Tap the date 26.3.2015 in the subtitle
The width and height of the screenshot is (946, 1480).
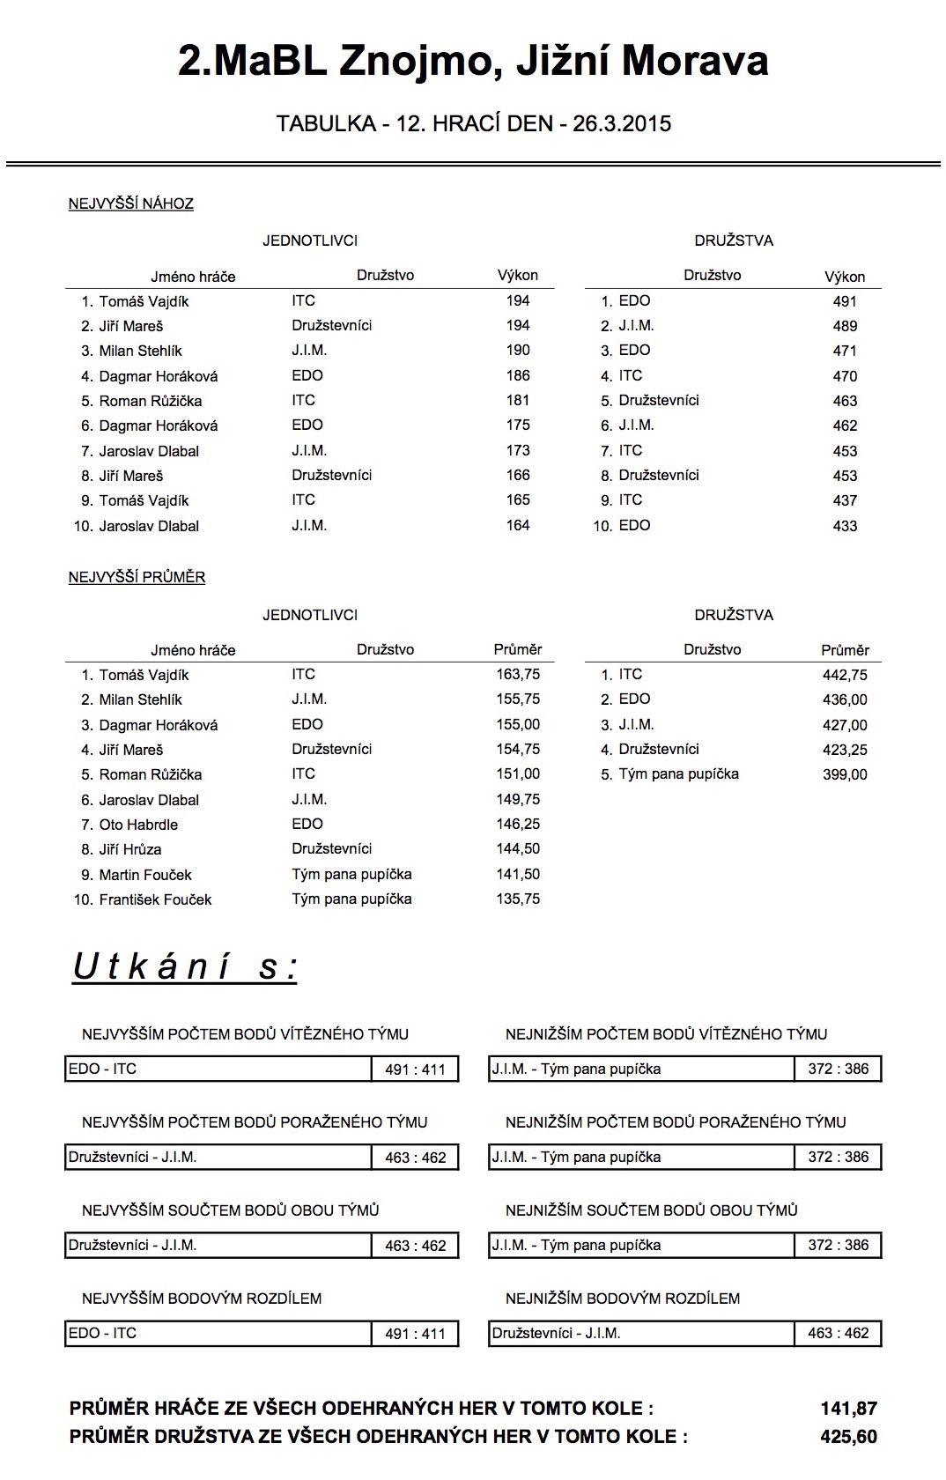point(622,123)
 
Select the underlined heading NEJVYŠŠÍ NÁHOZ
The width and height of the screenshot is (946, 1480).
point(131,203)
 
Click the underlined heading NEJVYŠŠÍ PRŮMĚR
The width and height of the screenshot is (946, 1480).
point(137,577)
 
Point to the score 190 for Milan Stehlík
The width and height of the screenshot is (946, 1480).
point(518,350)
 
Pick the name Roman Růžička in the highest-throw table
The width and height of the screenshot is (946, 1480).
point(151,401)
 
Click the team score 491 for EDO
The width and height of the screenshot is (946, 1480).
point(844,301)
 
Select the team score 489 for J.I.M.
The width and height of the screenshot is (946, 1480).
point(844,326)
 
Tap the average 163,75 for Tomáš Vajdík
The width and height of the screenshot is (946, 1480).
point(518,674)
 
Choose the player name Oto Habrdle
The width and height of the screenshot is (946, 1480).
point(138,825)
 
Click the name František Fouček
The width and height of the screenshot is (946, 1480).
point(155,899)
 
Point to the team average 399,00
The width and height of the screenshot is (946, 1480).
point(844,774)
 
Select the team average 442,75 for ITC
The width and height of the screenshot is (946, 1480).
point(844,675)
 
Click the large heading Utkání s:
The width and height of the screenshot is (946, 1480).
point(185,966)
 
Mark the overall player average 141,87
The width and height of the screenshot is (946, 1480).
point(848,1409)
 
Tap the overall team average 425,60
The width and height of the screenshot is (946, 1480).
point(848,1437)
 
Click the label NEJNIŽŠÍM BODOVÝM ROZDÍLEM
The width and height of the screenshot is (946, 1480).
point(623,1299)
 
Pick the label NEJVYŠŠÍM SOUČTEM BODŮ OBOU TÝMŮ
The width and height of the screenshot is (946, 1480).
point(231,1210)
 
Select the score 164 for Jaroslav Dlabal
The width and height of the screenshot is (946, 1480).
point(518,525)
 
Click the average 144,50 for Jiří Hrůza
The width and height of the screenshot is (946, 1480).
point(518,848)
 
